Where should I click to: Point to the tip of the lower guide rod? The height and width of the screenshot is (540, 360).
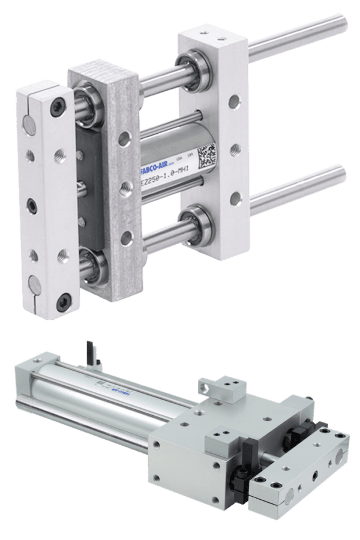click(x=344, y=173)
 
